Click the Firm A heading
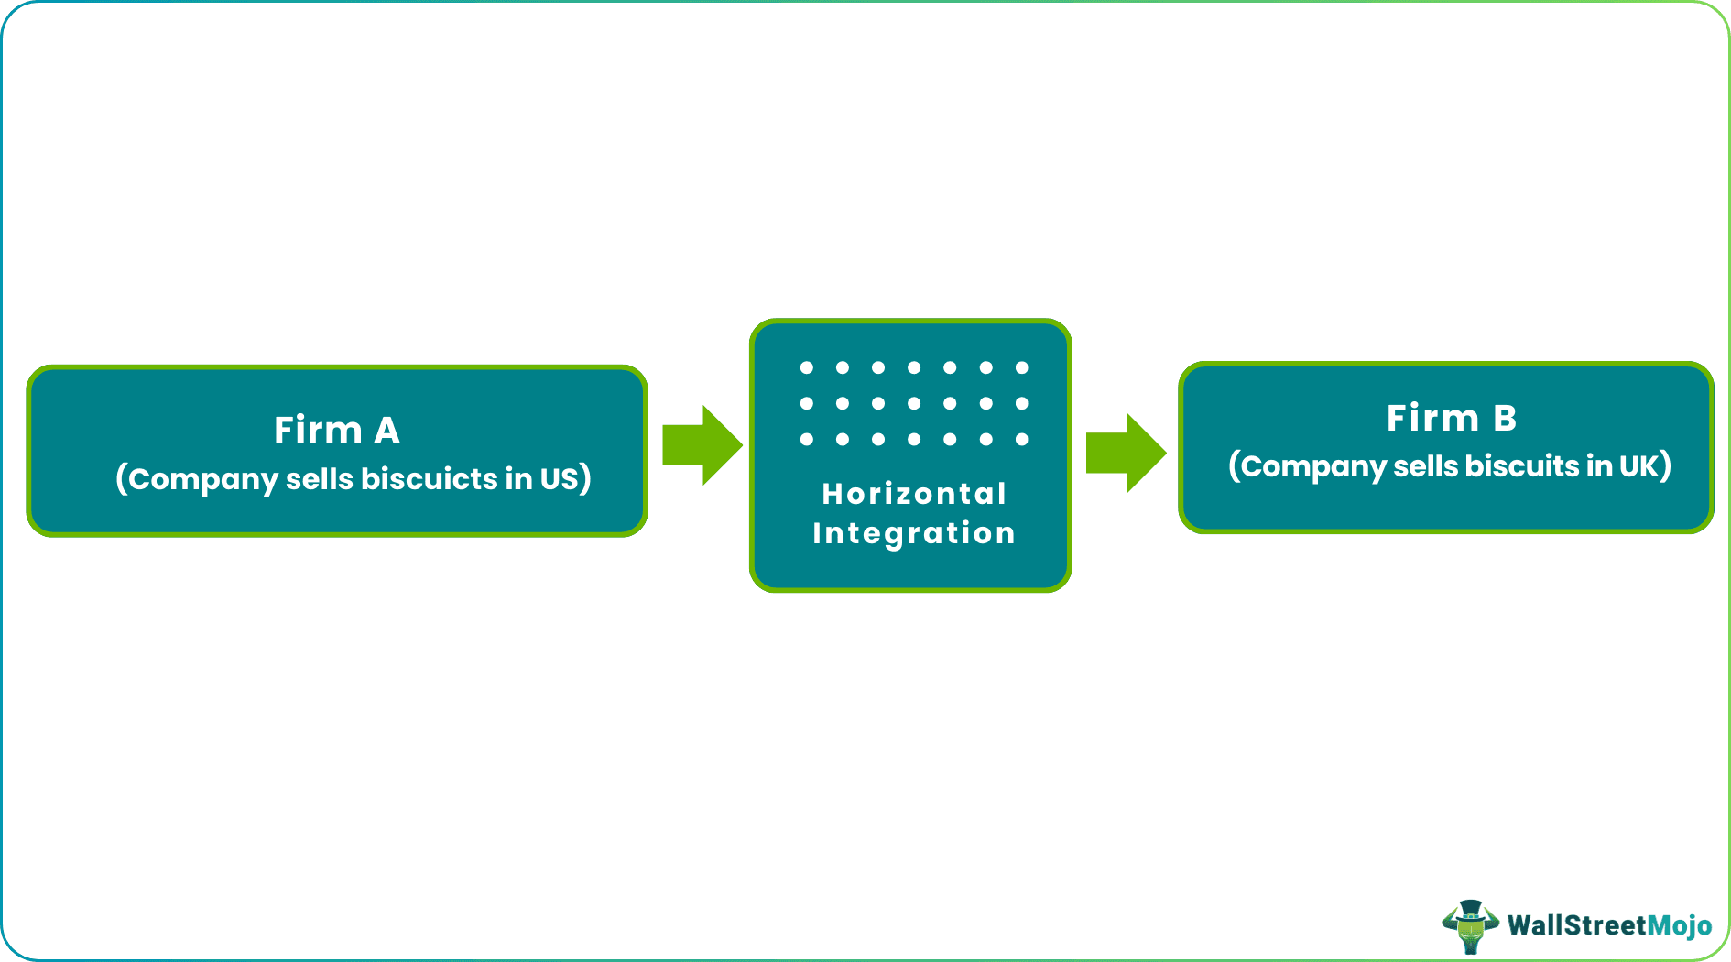click(x=336, y=430)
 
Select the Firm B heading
click(x=1451, y=418)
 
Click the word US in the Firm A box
click(x=559, y=478)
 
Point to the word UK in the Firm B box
click(x=1638, y=465)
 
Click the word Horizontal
click(x=914, y=494)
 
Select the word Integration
click(x=914, y=533)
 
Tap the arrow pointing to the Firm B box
click(x=1126, y=453)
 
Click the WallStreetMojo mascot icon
click(x=1470, y=925)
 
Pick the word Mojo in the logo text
click(x=1680, y=926)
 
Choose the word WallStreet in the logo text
click(x=1576, y=925)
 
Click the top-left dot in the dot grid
click(x=806, y=367)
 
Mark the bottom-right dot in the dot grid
click(x=1022, y=440)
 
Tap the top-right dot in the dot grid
click(x=1022, y=367)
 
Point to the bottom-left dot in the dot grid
click(x=806, y=440)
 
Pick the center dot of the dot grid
click(x=914, y=403)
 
